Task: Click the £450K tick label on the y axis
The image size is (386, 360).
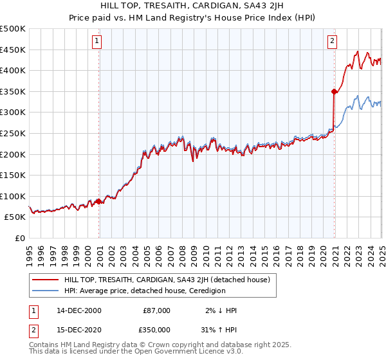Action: click(x=13, y=50)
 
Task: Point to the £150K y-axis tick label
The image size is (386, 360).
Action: click(x=13, y=175)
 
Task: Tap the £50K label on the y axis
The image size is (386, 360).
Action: click(x=15, y=217)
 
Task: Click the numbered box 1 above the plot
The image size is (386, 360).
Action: click(x=96, y=42)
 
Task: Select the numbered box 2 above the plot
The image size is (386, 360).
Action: click(x=333, y=42)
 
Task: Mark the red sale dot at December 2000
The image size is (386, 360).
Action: click(x=99, y=201)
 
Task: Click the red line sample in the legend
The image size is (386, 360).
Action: click(x=45, y=280)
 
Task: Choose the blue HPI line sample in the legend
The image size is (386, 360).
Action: click(x=45, y=291)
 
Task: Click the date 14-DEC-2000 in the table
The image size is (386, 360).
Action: click(x=79, y=310)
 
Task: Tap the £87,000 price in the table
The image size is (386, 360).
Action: click(x=157, y=310)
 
